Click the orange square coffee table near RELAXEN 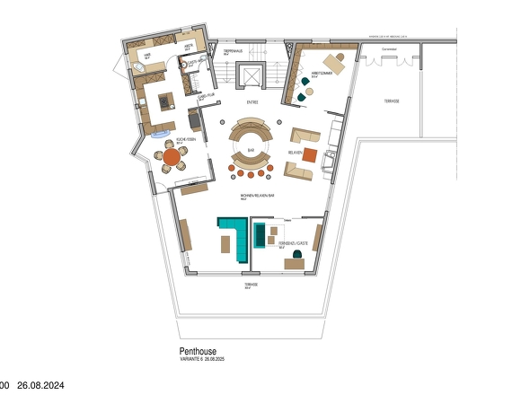coord(309,154)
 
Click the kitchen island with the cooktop coord(165,101)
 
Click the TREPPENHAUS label coord(231,52)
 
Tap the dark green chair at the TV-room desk coord(297,255)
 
